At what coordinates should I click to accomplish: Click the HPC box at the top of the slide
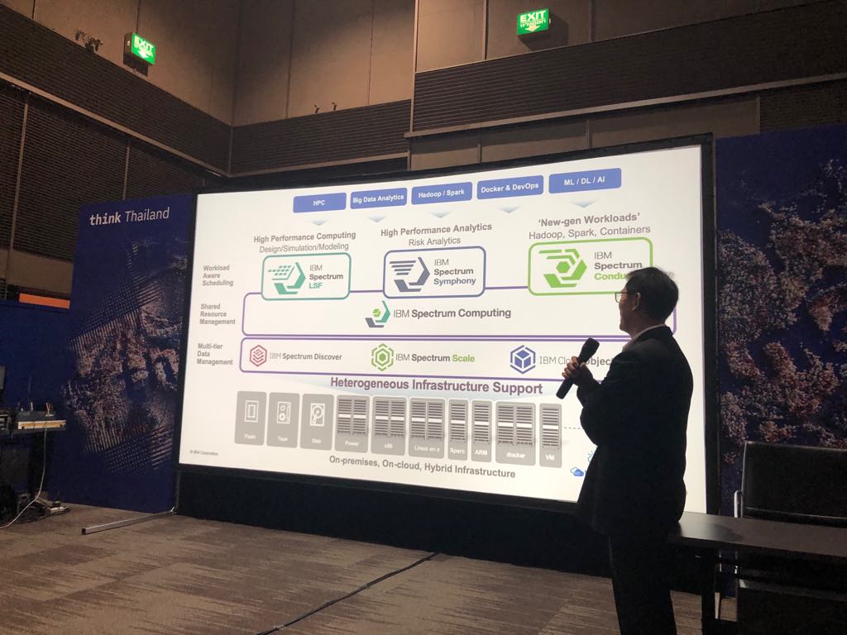pyautogui.click(x=319, y=203)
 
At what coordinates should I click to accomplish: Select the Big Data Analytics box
pyautogui.click(x=378, y=198)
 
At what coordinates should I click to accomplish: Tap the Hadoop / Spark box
pyautogui.click(x=442, y=193)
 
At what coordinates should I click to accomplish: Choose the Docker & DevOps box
pyautogui.click(x=510, y=187)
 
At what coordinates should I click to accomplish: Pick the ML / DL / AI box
pyautogui.click(x=585, y=180)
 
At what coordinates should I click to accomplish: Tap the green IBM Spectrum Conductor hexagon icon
pyautogui.click(x=563, y=267)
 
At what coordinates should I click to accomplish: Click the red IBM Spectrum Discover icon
pyautogui.click(x=258, y=356)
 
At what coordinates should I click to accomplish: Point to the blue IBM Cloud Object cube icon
pyautogui.click(x=523, y=359)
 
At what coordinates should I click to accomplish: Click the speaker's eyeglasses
pyautogui.click(x=621, y=295)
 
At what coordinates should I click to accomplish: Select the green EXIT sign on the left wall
pyautogui.click(x=142, y=49)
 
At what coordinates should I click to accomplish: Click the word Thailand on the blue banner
pyautogui.click(x=146, y=215)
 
